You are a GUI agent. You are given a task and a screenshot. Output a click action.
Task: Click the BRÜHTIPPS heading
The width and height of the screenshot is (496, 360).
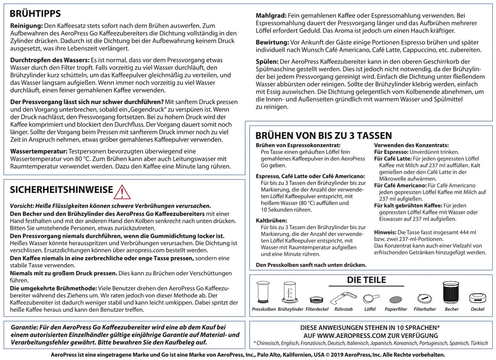(35, 13)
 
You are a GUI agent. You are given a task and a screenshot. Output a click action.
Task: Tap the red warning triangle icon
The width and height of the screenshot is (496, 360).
(123, 191)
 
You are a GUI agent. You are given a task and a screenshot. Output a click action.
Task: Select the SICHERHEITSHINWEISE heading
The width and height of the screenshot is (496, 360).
(61, 190)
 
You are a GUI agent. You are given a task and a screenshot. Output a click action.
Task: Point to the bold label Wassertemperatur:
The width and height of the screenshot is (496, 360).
(38, 151)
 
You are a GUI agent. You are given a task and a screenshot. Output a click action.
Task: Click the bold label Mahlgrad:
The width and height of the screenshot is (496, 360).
(270, 15)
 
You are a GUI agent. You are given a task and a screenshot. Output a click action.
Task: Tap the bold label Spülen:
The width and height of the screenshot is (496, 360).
(267, 61)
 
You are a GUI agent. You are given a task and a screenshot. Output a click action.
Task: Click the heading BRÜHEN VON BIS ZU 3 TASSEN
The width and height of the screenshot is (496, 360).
(324, 136)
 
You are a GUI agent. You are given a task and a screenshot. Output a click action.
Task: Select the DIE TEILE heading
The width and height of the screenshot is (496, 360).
(366, 280)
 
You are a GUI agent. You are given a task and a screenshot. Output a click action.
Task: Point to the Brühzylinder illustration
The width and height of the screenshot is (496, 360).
(290, 293)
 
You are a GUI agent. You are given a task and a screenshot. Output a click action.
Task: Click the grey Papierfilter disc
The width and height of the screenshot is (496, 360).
(395, 299)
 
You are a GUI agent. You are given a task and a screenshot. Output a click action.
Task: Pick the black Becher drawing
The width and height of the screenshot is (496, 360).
(451, 293)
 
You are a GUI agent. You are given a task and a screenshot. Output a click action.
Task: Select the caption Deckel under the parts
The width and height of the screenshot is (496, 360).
(477, 309)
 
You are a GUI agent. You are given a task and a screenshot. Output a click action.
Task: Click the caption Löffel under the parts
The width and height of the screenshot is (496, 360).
(370, 309)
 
